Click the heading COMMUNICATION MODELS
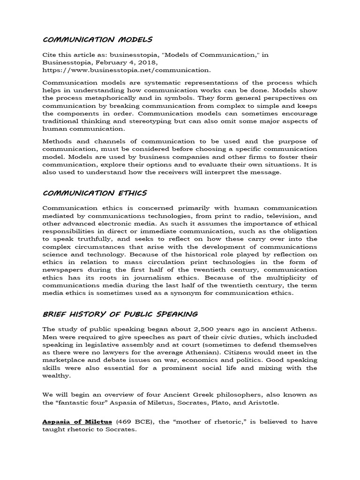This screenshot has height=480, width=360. (x=97, y=39)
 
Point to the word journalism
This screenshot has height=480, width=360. (x=148, y=278)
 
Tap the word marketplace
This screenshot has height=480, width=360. (x=66, y=360)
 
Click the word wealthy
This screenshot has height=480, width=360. (x=56, y=375)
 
